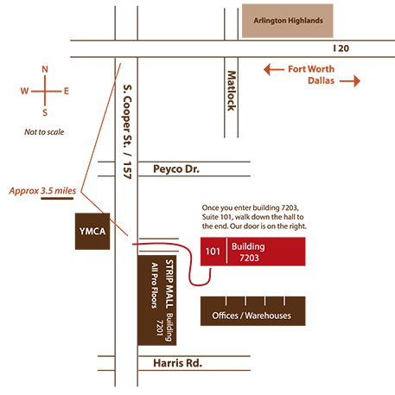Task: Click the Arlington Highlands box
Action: pyautogui.click(x=288, y=21)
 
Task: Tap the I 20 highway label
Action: pyautogui.click(x=341, y=48)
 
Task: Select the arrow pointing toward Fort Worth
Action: pyautogui.click(x=274, y=69)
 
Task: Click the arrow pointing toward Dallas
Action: pyautogui.click(x=350, y=81)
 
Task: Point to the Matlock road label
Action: pyautogui.click(x=232, y=91)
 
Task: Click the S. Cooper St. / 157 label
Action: pyautogui.click(x=127, y=131)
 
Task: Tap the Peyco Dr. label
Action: pyautogui.click(x=176, y=169)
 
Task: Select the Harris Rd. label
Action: pyautogui.click(x=177, y=363)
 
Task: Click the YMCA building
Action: pyautogui.click(x=92, y=232)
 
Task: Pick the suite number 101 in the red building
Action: pyautogui.click(x=213, y=252)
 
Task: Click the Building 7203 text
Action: pyautogui.click(x=248, y=252)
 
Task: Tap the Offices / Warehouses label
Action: pyautogui.click(x=252, y=315)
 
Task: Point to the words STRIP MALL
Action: pyautogui.click(x=169, y=284)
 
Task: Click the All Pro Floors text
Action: pyautogui.click(x=155, y=285)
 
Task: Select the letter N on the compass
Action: pyautogui.click(x=45, y=69)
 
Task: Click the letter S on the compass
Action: pyautogui.click(x=45, y=112)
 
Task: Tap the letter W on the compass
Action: pyautogui.click(x=24, y=91)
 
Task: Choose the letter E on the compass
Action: pyautogui.click(x=67, y=92)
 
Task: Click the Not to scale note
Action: pyautogui.click(x=44, y=132)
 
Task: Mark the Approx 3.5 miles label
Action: pyautogui.click(x=42, y=191)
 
